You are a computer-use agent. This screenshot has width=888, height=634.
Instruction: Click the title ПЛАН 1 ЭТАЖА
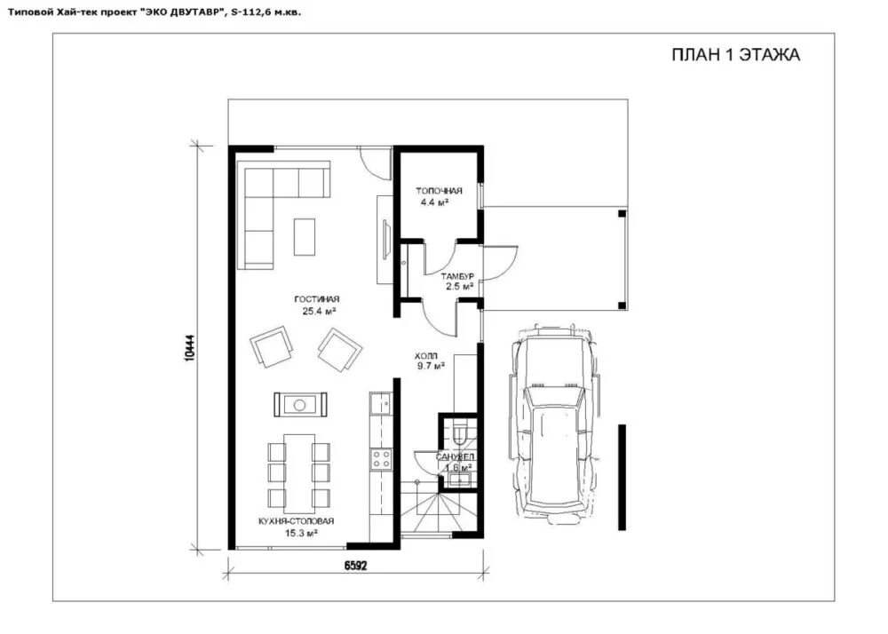point(735,55)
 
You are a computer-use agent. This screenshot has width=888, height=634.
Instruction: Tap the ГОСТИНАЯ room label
point(317,299)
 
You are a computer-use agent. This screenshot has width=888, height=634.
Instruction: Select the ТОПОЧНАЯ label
point(439,191)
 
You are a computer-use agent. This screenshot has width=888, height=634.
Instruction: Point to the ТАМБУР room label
point(457,276)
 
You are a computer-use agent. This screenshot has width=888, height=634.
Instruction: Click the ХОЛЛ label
point(426,356)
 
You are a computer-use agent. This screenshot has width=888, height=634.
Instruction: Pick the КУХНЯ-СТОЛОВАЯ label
point(297,520)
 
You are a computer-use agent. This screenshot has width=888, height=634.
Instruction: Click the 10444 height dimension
point(190,347)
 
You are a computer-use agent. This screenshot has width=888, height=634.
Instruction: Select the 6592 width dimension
point(356,566)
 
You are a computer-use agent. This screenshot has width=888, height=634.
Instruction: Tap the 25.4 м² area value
point(320,311)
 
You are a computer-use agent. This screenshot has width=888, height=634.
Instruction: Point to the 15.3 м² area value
point(301,533)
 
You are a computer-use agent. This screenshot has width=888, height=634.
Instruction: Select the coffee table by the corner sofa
point(304,236)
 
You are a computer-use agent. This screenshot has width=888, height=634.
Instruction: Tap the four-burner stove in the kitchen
point(381,458)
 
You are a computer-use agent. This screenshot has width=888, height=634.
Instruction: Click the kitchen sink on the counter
point(381,404)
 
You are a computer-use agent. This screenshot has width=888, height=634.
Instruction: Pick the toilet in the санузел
point(459,431)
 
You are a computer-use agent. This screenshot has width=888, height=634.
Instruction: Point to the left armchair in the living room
point(272,346)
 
